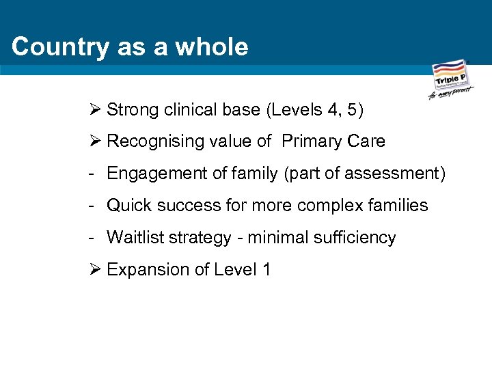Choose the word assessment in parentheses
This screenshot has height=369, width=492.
(392, 174)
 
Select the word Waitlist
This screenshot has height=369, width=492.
(133, 238)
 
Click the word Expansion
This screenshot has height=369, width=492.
(141, 270)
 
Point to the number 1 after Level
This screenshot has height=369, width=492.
(266, 270)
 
